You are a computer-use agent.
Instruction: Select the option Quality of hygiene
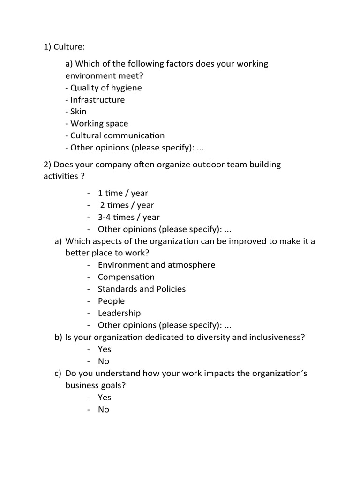(x=106, y=88)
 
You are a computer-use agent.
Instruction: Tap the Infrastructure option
(x=97, y=100)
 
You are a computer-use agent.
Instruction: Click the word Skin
(x=78, y=112)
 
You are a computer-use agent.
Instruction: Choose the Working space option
(x=99, y=124)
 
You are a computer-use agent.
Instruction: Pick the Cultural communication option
(x=117, y=135)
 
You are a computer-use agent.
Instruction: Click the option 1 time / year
(x=123, y=193)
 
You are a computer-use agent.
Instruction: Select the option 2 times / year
(x=127, y=205)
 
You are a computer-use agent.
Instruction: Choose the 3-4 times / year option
(x=128, y=217)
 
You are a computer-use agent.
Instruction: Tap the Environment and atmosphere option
(x=157, y=265)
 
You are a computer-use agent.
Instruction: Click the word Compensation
(x=126, y=277)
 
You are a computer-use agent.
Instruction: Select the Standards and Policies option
(x=142, y=289)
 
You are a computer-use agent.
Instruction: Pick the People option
(x=111, y=301)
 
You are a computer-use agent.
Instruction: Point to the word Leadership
(x=119, y=313)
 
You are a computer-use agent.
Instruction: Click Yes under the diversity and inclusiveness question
(x=105, y=349)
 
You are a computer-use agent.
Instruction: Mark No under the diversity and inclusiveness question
(x=104, y=361)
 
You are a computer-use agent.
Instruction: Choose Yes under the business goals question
(x=105, y=397)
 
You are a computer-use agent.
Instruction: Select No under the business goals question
(x=104, y=409)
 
